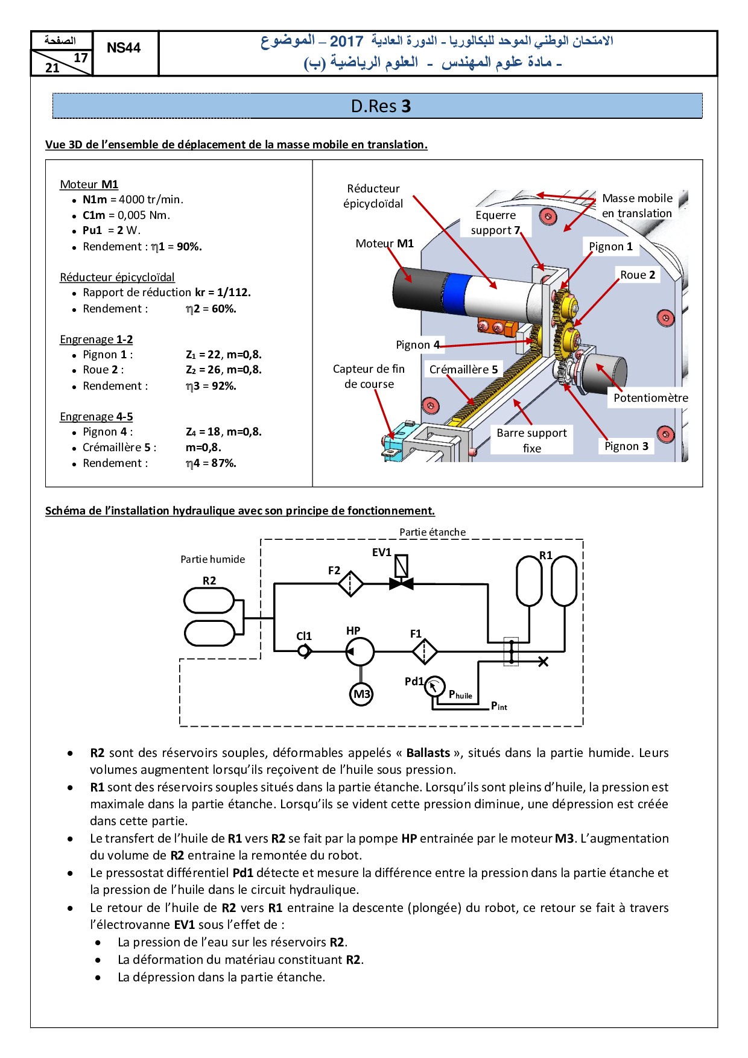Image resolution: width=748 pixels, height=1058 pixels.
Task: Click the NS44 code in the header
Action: (x=124, y=48)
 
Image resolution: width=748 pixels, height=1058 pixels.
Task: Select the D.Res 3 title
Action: (x=381, y=106)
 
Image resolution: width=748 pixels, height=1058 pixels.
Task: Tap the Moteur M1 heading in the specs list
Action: (x=89, y=185)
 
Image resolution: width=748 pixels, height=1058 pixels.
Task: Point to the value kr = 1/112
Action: (x=223, y=293)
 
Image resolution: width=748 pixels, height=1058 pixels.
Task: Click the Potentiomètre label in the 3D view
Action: (x=650, y=398)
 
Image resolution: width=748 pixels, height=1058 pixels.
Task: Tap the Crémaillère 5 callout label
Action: (x=463, y=369)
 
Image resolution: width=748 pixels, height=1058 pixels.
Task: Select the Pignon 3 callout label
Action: (x=626, y=446)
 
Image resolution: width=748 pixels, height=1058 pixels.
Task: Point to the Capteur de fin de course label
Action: (x=369, y=376)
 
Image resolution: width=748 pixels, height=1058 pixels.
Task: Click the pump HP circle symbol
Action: (x=360, y=651)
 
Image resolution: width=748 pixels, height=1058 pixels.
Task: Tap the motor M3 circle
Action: (x=361, y=694)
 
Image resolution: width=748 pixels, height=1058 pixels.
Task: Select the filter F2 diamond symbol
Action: (x=350, y=584)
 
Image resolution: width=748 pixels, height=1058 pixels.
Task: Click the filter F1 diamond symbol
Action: (x=425, y=651)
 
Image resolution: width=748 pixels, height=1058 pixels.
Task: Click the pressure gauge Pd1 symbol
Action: (x=434, y=686)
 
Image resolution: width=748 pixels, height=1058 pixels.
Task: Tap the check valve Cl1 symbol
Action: (x=305, y=651)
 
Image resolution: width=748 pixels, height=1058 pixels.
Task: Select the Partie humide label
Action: (x=213, y=560)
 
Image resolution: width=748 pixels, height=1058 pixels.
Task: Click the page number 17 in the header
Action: (x=81, y=58)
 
